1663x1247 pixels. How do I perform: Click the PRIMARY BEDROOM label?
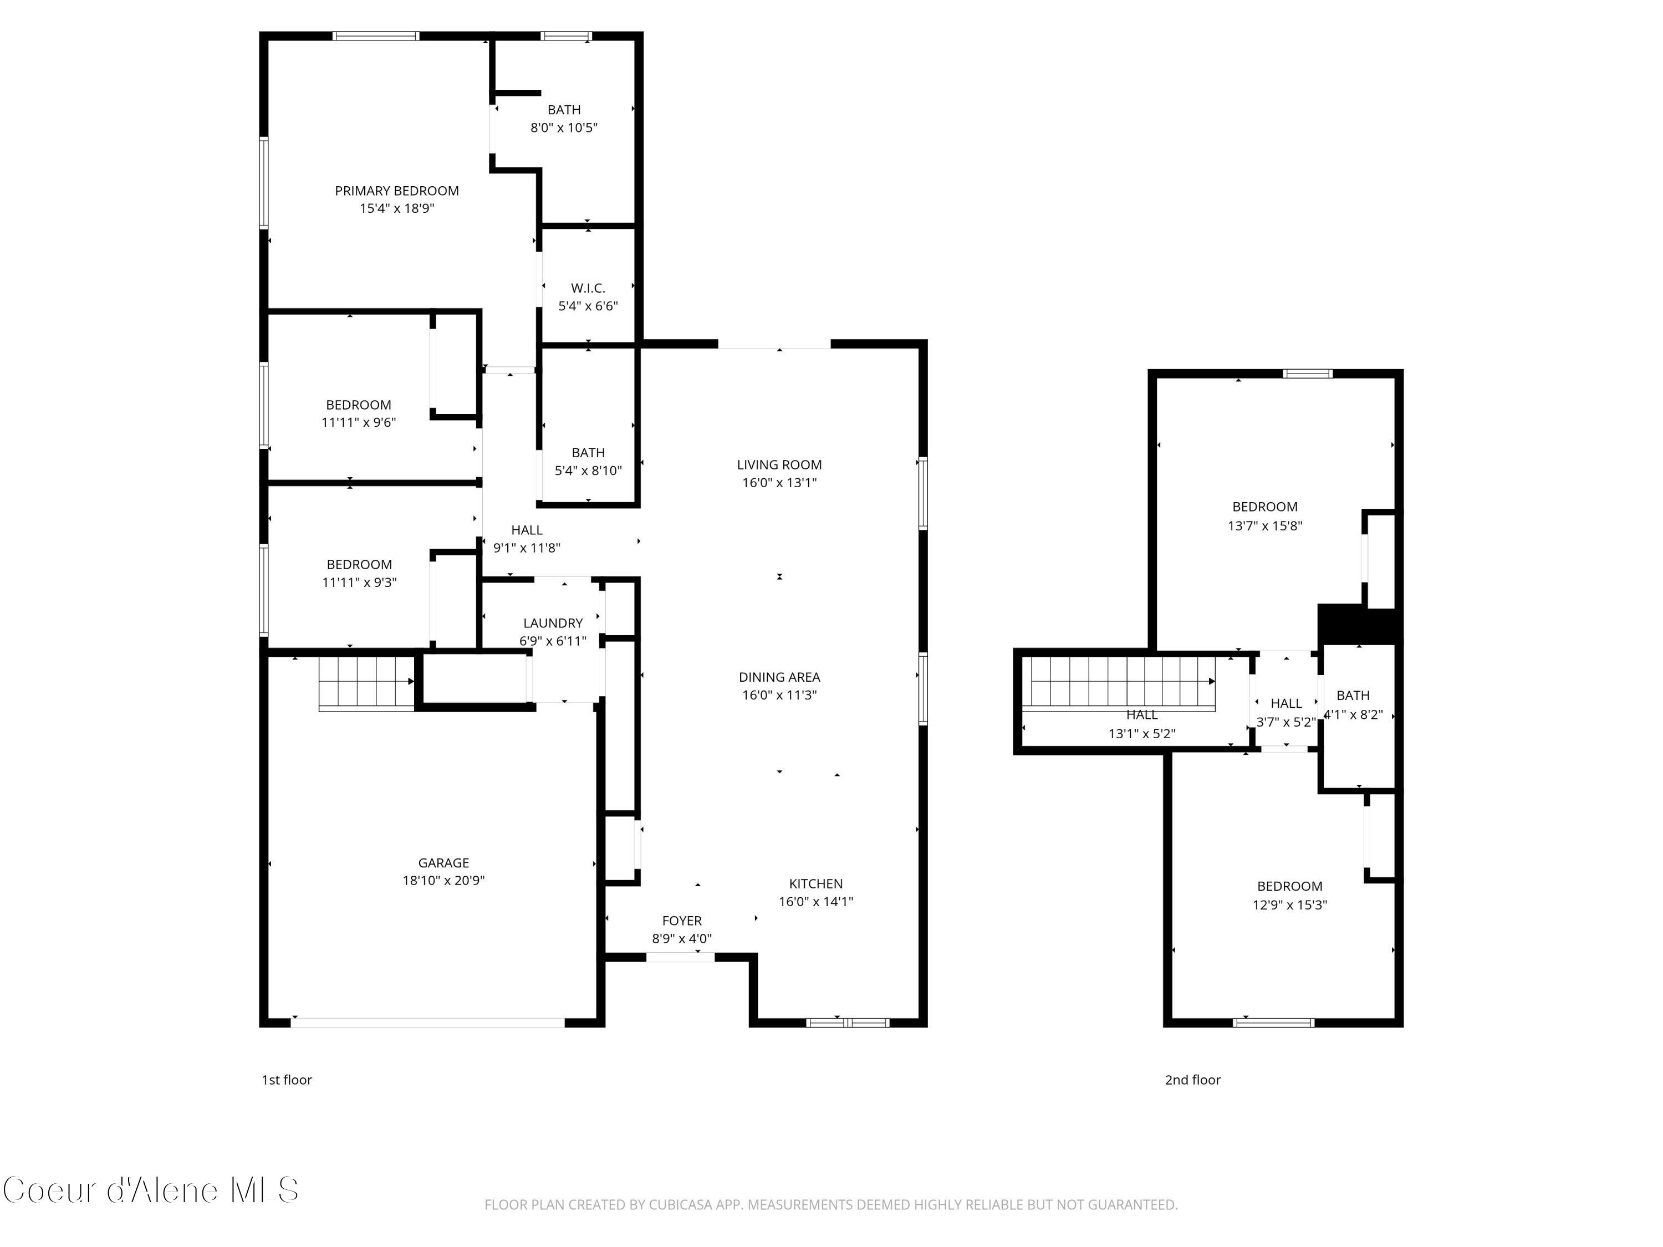[396, 191]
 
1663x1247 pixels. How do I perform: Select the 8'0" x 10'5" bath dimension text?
[564, 128]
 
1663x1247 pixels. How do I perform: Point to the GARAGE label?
[443, 863]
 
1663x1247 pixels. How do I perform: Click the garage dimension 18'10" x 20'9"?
[443, 880]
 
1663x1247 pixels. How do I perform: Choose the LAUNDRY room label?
[553, 623]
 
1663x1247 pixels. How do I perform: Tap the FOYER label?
[681, 921]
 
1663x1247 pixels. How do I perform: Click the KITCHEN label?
[816, 884]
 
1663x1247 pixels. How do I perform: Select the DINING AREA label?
[779, 677]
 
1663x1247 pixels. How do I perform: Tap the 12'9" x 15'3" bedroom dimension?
[1289, 905]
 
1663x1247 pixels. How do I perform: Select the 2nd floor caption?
[1192, 1080]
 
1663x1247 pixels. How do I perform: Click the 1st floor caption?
[287, 1080]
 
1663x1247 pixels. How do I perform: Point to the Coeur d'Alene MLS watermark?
[150, 1190]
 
